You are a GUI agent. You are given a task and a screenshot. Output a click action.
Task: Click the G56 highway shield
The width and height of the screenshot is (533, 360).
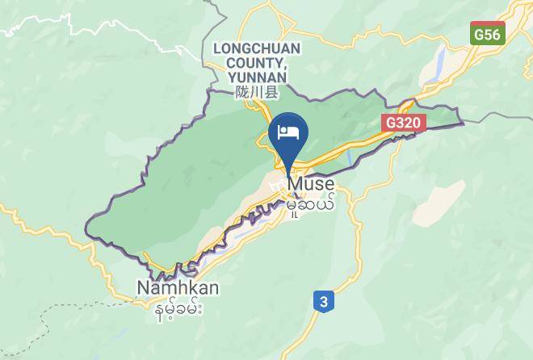coord(488,34)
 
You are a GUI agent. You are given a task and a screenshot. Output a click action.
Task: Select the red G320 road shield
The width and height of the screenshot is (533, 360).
coord(403,120)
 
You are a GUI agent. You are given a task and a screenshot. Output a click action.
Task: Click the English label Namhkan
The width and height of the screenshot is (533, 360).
coord(178,288)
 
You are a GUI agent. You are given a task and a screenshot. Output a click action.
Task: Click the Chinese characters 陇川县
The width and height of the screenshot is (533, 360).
coord(257,93)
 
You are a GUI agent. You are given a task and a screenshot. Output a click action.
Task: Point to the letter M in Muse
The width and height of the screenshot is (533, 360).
coord(296,185)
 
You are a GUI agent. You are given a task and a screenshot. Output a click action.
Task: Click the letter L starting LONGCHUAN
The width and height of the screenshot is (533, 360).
coord(217,48)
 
